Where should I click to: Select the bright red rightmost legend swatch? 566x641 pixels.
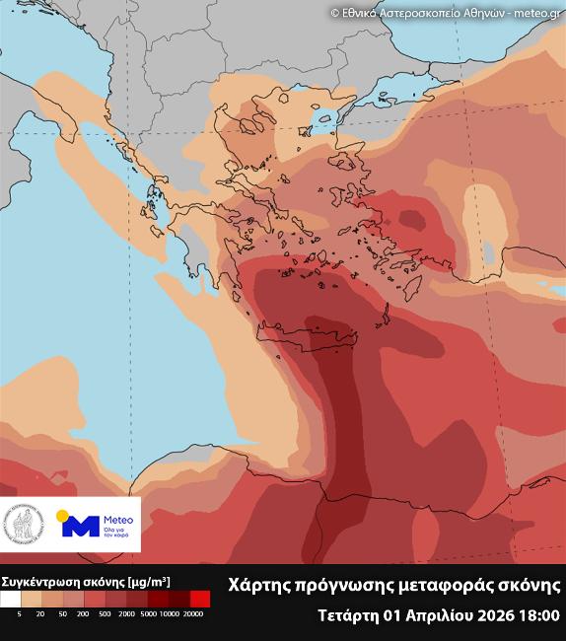click(x=200, y=599)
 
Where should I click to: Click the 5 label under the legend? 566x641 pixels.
click(x=19, y=614)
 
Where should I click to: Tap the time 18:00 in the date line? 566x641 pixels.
click(x=539, y=615)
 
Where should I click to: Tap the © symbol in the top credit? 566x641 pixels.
click(x=333, y=12)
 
